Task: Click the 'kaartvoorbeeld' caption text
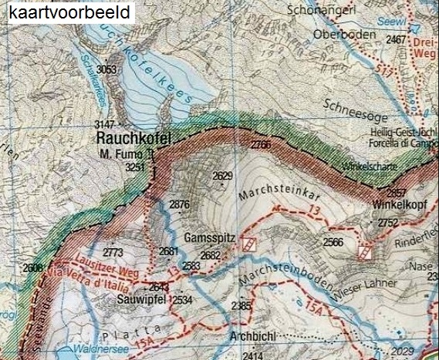[67, 12]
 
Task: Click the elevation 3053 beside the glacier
[107, 70]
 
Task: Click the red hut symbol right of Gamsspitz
[248, 244]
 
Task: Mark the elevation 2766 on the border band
[262, 144]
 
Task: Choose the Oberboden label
[346, 35]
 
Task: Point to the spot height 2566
[333, 241]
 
